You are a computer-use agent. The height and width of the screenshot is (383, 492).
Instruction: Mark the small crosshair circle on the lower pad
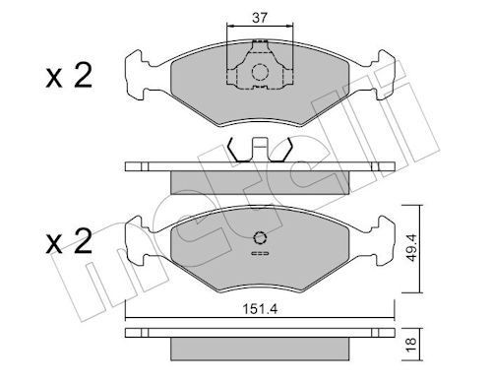260,238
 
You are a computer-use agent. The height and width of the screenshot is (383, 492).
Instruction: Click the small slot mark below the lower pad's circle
260,256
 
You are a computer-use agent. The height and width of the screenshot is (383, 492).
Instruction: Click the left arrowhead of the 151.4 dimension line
129,317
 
